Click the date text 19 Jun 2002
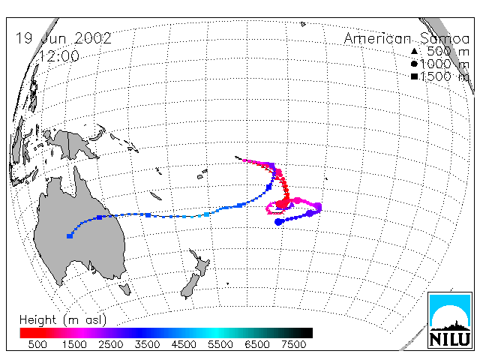pos(63,38)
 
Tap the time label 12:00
pos(59,56)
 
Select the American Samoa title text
pos(406,38)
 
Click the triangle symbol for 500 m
pos(414,51)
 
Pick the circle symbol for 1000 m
pos(414,64)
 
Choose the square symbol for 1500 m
pos(414,76)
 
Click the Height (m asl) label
pos(63,320)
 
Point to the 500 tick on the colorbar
pos(37,345)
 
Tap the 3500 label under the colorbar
pos(147,345)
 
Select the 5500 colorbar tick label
pos(220,345)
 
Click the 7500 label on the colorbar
pos(293,345)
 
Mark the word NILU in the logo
pos(450,339)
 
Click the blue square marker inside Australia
pos(70,236)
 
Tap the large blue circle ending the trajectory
pos(278,222)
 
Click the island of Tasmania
pos(125,289)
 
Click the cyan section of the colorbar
pos(216,333)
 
